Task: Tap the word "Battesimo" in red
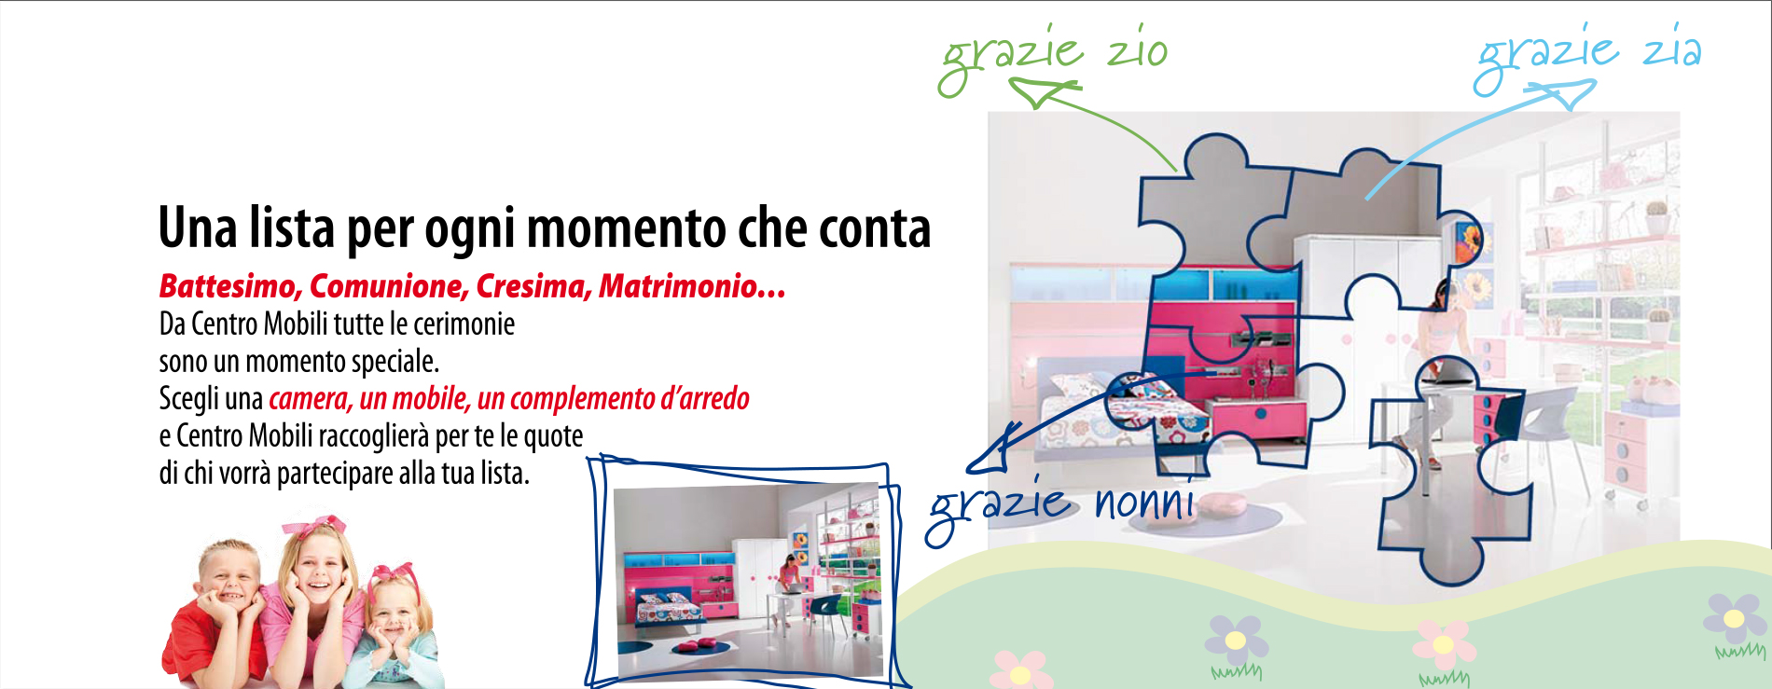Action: pos(229,286)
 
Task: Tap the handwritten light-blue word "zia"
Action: pos(1673,48)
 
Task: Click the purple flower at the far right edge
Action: pos(1735,617)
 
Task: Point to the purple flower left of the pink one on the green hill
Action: pos(1236,640)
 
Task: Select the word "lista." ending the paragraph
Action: pos(505,474)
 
